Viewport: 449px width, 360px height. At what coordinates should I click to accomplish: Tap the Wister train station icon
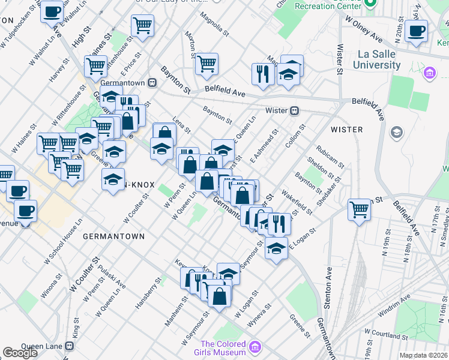295,111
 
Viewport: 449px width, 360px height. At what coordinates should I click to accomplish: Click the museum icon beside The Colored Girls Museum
256,347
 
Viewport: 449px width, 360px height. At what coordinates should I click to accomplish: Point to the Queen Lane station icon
70,346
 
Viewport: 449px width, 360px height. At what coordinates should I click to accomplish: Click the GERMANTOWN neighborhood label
113,236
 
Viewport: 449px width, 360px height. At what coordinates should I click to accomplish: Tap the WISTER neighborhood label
346,130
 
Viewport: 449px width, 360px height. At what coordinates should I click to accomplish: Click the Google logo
20,353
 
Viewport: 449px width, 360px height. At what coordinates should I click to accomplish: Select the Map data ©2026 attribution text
423,355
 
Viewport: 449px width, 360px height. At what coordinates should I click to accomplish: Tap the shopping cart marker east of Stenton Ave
359,210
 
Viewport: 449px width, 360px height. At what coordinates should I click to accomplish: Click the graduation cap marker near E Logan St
276,247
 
